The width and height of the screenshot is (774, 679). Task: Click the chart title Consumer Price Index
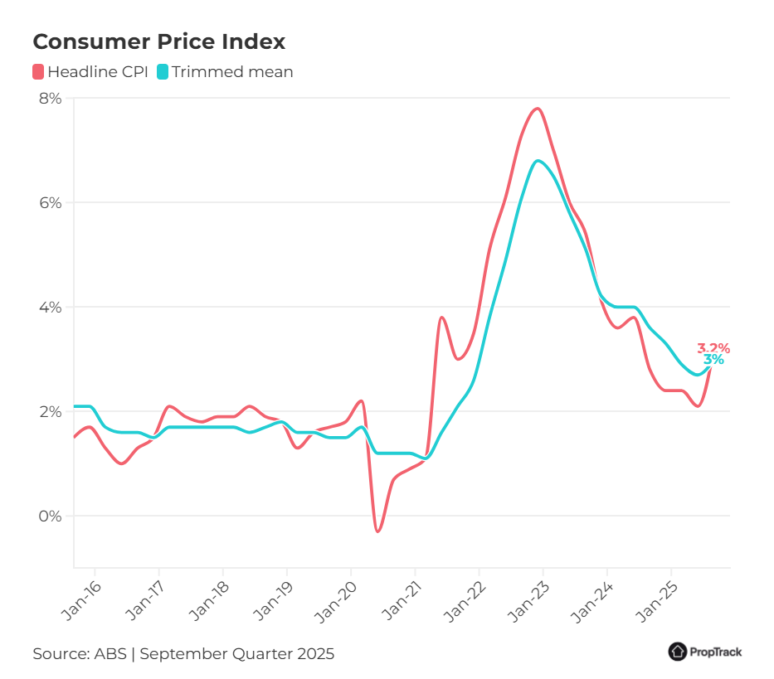click(158, 41)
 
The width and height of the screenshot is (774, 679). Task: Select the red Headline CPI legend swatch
click(38, 72)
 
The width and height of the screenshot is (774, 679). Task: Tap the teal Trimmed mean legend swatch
click(163, 72)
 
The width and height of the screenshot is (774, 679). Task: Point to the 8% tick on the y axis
click(51, 99)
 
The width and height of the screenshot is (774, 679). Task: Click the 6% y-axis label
click(51, 202)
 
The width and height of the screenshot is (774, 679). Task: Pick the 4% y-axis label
click(51, 307)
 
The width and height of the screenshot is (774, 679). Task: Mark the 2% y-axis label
click(51, 411)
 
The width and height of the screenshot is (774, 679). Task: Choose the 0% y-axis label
click(51, 516)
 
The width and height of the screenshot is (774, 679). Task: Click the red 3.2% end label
click(713, 348)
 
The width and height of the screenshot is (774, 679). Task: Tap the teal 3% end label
click(713, 360)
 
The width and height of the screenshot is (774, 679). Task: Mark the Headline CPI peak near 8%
click(538, 109)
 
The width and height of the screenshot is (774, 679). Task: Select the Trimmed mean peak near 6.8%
click(538, 161)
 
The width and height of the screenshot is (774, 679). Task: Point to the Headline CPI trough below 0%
click(377, 531)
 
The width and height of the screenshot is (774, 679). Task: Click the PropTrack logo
click(705, 652)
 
